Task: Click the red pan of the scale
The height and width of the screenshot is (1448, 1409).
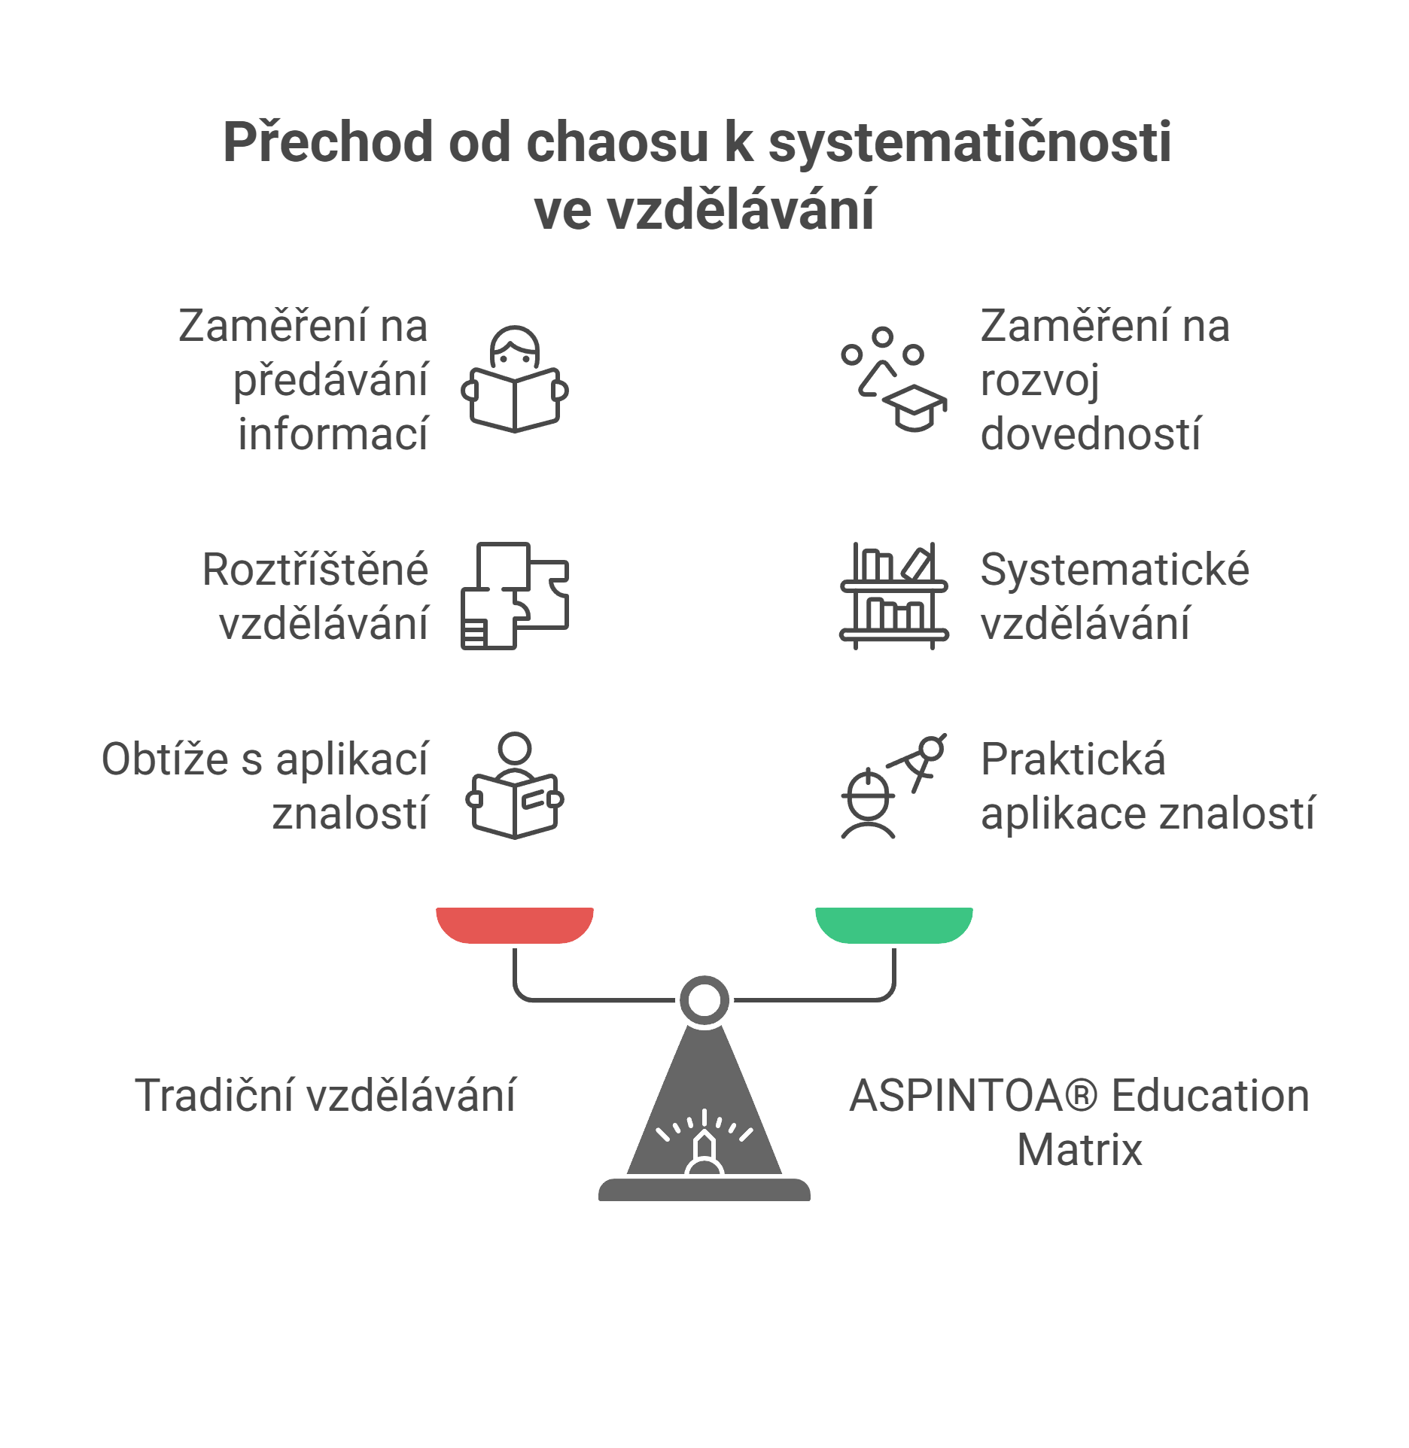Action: (x=515, y=925)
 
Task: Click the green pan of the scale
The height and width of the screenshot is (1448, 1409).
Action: (x=894, y=925)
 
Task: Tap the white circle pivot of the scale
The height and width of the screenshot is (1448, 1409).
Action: (x=704, y=1000)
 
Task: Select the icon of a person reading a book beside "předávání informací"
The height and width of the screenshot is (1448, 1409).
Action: (x=515, y=379)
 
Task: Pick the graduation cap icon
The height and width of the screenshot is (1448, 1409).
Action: (x=894, y=379)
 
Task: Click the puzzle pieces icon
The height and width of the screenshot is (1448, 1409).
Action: (x=515, y=595)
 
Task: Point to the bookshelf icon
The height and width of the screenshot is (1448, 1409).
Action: (x=894, y=595)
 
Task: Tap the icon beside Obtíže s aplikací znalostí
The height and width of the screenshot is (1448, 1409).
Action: (x=515, y=785)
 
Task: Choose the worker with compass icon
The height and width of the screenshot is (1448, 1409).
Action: (x=894, y=786)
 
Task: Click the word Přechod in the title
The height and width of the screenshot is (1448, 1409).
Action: (x=328, y=142)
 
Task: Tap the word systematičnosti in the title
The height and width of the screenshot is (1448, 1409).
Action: (x=969, y=144)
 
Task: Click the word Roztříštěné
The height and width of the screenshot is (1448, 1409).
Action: (x=315, y=569)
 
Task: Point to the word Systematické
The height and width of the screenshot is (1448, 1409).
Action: (x=1115, y=570)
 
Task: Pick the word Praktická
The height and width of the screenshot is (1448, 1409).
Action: (x=1073, y=759)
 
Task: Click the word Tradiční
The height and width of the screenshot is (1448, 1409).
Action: (x=215, y=1095)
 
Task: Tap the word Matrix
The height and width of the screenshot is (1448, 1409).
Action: (x=1079, y=1150)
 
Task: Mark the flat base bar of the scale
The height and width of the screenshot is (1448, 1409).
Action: (x=704, y=1190)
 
